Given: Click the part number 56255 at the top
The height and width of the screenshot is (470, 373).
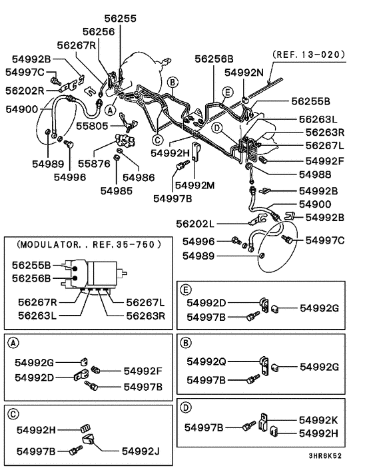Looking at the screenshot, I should point(120,19).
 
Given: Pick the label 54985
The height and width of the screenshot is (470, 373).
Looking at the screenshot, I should point(117,190).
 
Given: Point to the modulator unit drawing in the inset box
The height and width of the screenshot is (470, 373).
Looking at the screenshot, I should point(96,274).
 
